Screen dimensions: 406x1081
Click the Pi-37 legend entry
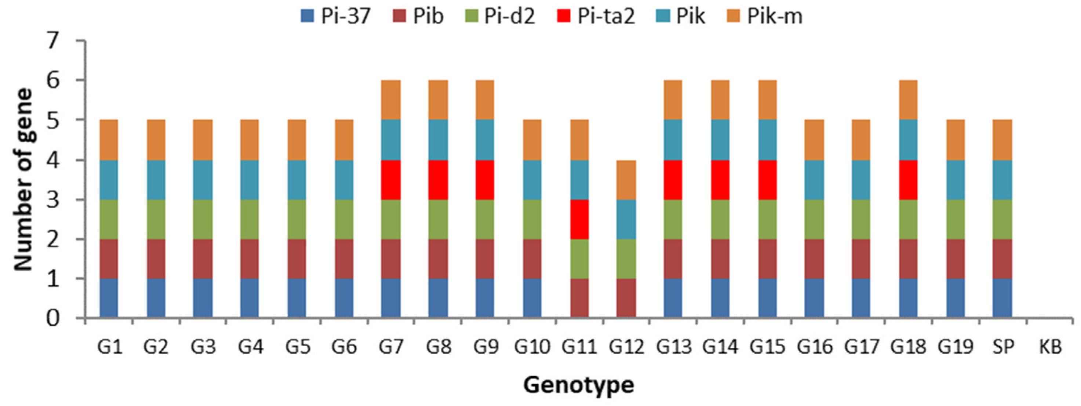click(x=336, y=17)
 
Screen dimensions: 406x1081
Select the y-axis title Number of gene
click(x=23, y=179)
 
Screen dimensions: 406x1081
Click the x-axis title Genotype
click(x=578, y=385)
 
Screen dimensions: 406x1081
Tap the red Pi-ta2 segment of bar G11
click(x=579, y=219)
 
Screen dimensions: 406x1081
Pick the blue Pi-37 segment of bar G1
click(x=109, y=298)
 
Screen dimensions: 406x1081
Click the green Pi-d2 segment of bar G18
click(x=908, y=219)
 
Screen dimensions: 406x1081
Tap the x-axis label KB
click(x=1050, y=347)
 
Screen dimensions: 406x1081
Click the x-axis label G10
click(x=532, y=347)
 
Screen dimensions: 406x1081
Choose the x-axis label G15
click(x=768, y=347)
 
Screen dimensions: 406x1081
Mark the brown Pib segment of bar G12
click(x=626, y=298)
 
